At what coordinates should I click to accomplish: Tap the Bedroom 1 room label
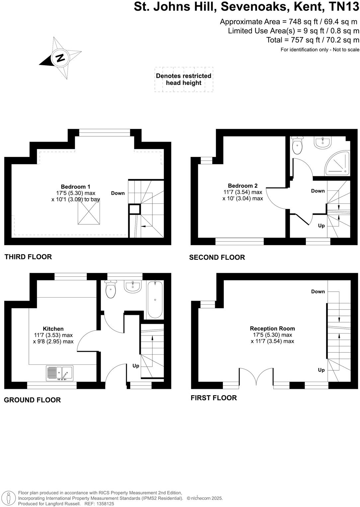(75, 187)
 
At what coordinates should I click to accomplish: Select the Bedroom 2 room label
(242, 186)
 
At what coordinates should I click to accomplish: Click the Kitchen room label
(53, 329)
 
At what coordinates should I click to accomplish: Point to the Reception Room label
(272, 328)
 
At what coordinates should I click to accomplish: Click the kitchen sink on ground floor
(60, 373)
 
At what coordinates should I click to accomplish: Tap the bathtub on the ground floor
(155, 300)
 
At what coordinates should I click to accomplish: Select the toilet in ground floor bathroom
(111, 290)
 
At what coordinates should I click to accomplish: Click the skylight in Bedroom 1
(89, 213)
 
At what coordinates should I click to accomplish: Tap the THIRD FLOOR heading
(28, 257)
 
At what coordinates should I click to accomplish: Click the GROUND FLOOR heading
(32, 400)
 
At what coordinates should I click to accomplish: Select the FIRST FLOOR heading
(214, 398)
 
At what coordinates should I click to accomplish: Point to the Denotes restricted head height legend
(184, 79)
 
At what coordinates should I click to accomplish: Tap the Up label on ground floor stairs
(136, 366)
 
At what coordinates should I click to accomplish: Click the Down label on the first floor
(318, 292)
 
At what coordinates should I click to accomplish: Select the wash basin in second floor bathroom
(322, 142)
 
